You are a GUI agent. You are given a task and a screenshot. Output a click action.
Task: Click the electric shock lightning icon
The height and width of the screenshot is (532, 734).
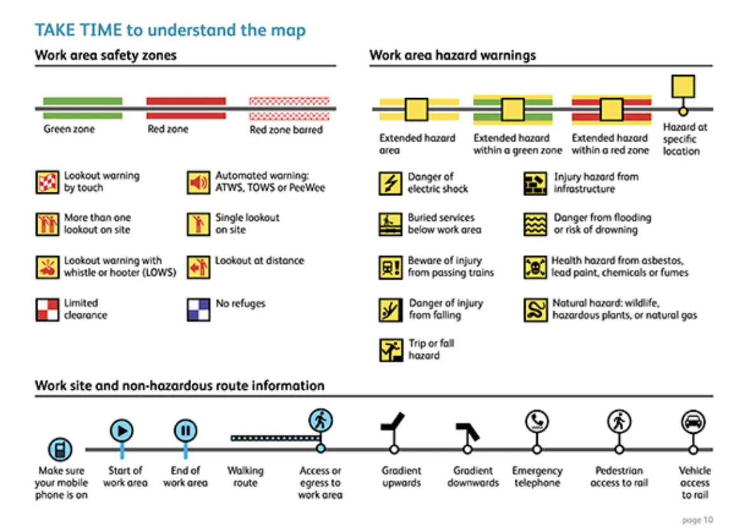390,183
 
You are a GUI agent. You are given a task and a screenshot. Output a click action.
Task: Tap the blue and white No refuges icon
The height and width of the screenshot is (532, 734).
198,310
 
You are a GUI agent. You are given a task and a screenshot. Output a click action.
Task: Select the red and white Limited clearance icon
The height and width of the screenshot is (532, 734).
47,310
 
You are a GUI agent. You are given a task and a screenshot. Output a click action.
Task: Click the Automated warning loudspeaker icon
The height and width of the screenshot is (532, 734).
198,183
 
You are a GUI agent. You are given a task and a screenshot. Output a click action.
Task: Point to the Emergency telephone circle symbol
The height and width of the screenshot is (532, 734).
536,421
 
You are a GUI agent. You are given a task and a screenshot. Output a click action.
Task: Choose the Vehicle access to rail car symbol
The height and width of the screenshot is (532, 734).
693,421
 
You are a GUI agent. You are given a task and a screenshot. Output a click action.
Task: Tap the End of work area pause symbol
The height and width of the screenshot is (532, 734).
185,431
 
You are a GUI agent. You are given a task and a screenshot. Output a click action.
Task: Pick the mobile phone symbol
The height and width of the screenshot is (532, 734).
60,449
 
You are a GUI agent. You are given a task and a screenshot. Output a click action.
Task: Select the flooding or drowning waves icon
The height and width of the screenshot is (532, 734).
535,224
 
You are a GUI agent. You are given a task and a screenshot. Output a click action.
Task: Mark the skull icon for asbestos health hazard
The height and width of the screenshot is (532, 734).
535,267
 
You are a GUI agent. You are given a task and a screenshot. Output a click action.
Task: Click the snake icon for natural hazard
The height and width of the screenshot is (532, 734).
535,310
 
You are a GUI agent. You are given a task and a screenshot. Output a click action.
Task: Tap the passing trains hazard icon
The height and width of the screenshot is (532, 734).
390,267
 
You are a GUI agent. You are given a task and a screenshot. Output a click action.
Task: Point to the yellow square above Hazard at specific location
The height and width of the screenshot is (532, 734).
682,86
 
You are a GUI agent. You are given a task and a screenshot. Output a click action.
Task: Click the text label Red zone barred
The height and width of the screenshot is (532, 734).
286,130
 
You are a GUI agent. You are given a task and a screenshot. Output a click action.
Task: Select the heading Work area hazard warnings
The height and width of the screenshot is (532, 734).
452,55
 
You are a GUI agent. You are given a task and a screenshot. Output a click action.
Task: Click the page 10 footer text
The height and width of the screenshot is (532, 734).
697,520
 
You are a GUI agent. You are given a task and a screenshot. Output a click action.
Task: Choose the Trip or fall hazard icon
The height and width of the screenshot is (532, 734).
390,350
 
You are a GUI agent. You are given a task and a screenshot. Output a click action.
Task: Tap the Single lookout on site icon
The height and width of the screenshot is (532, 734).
198,224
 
